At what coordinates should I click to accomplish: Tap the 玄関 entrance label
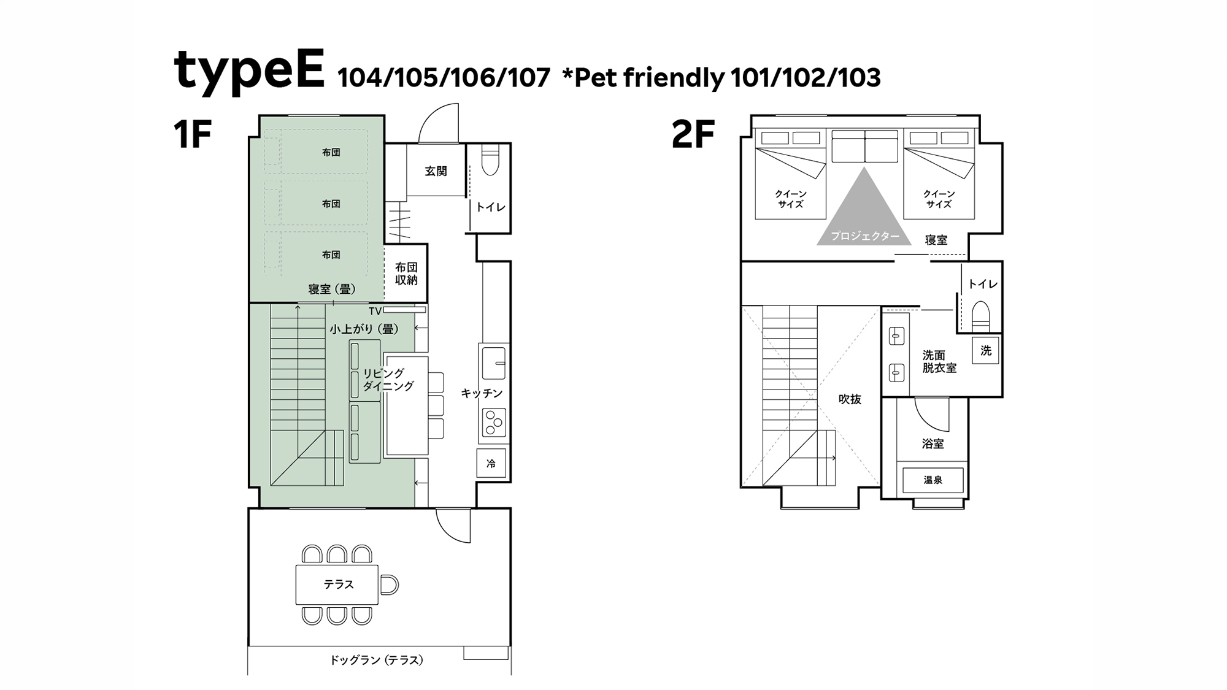point(436,172)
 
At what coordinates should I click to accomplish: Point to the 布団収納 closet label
point(406,274)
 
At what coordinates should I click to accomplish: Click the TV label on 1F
point(375,312)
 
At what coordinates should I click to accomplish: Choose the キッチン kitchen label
point(482,393)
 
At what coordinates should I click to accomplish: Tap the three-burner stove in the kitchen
point(494,423)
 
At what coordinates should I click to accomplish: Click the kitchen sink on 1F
point(494,363)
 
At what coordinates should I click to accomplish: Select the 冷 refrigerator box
point(491,464)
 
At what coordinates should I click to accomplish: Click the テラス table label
point(339,585)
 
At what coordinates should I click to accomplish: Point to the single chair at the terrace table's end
point(389,585)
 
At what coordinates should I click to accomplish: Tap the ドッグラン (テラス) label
point(377,660)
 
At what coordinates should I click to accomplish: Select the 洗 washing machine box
point(986,351)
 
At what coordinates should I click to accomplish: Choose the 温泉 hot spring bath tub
point(933,481)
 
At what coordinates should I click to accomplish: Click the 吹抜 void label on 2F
point(850,399)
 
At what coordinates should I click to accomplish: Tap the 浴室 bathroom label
point(933,443)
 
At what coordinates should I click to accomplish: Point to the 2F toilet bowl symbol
point(981,316)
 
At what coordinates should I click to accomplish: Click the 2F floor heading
point(693,135)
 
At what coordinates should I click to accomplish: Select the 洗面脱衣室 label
point(939,362)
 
